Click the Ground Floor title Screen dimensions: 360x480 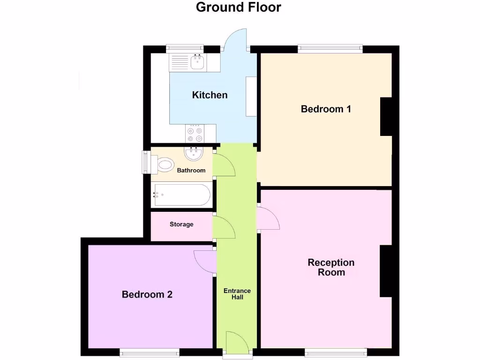point(238,7)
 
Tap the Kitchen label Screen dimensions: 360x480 point(210,95)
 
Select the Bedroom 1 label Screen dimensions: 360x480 point(326,109)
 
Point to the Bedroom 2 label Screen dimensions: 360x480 point(147,295)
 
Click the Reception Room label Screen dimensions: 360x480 point(331,267)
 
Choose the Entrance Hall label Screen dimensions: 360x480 point(237,294)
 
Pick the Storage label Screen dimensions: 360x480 point(181,225)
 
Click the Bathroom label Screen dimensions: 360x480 point(191,171)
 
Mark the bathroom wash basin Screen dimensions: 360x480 point(193,154)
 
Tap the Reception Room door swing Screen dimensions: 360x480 point(269,218)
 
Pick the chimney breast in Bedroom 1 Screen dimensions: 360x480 point(386,117)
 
